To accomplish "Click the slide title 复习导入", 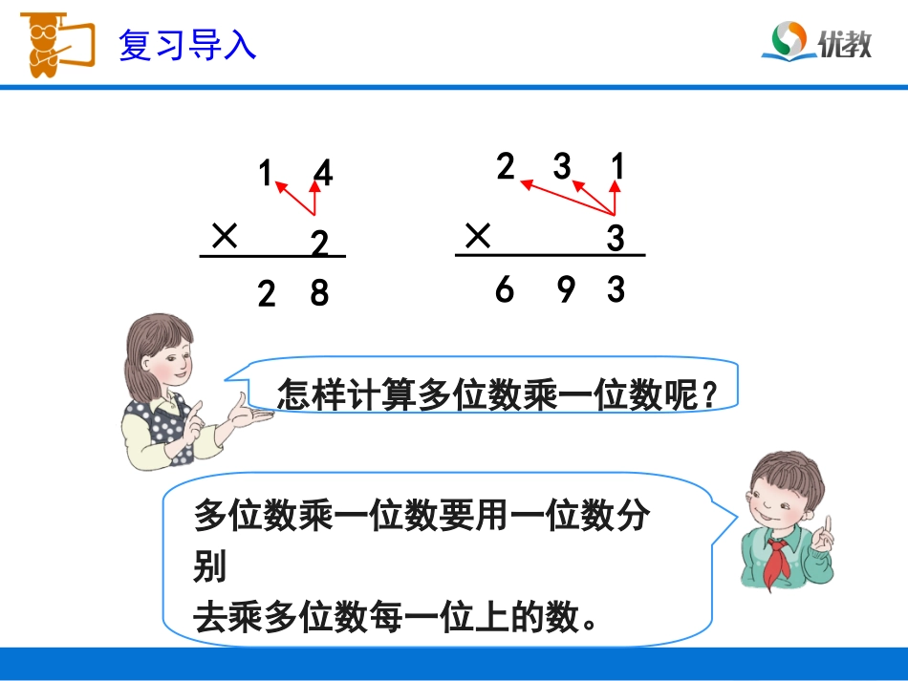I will [x=187, y=45].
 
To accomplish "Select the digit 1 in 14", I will [x=266, y=174].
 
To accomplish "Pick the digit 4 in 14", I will [x=323, y=175].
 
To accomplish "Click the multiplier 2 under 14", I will [x=319, y=245].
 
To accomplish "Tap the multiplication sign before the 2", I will [x=225, y=236].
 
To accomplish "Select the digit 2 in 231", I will [x=506, y=167].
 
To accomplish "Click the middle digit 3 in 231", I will [x=562, y=167].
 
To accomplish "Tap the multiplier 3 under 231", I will [x=616, y=239].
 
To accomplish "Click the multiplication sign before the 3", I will [x=478, y=235].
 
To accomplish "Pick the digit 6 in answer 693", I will [x=505, y=288].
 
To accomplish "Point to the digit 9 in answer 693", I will [x=566, y=288].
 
